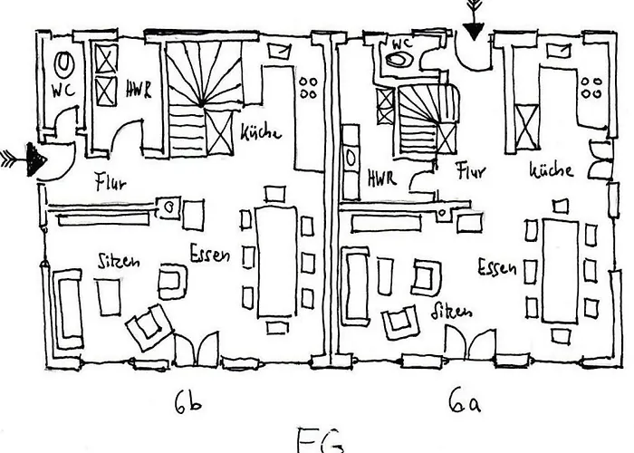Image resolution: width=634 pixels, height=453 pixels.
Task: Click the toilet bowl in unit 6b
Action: (x=64, y=63)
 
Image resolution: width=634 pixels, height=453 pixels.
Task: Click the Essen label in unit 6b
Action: (x=209, y=254)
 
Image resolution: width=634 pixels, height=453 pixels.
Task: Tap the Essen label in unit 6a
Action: (x=497, y=267)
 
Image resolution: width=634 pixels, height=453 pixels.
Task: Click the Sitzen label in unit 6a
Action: (x=452, y=312)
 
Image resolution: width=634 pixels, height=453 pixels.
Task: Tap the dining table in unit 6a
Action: (x=560, y=269)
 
